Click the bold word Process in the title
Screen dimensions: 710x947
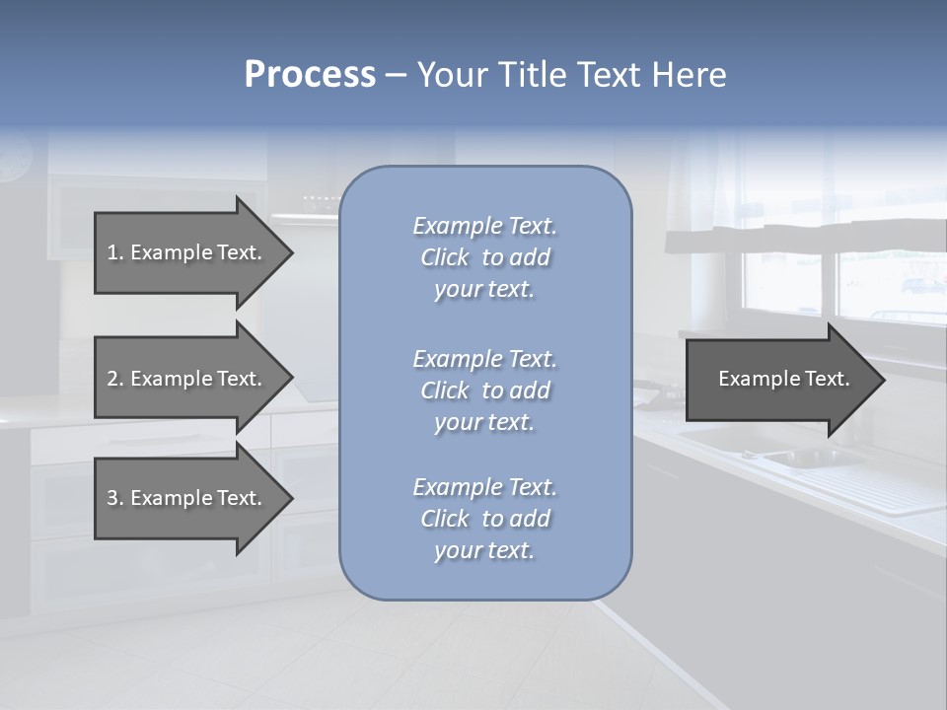310,75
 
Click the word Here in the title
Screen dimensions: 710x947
687,75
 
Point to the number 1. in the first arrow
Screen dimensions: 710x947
115,252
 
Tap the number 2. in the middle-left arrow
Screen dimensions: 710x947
115,379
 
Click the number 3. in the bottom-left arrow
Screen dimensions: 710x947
115,498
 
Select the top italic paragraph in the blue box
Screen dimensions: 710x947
484,257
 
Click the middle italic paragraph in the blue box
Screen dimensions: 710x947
484,390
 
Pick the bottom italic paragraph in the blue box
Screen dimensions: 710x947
484,519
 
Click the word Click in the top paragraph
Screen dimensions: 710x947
445,257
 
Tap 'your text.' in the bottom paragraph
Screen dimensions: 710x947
484,550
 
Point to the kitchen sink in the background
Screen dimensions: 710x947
799,458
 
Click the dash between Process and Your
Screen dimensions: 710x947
396,75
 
